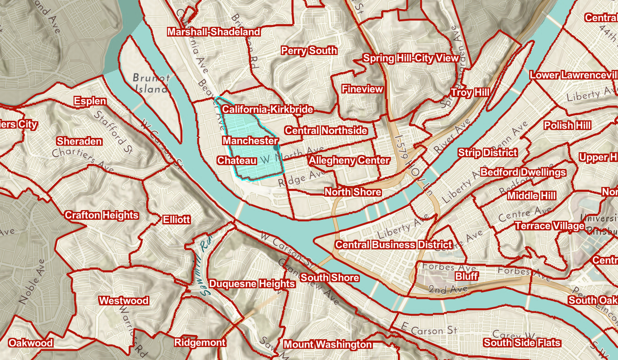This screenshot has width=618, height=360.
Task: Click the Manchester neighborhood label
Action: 250,141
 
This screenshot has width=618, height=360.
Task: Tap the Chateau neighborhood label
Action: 237,161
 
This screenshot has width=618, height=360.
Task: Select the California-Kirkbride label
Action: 267,110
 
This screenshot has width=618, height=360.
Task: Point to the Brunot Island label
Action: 151,83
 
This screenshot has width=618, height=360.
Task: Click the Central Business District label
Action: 394,245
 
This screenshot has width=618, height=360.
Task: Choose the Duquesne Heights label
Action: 252,284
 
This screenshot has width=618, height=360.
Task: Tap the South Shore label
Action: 329,278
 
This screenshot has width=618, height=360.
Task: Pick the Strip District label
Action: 488,153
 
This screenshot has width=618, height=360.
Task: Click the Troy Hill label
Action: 470,93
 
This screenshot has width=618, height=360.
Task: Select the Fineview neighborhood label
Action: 362,89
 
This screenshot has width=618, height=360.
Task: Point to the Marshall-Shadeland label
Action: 214,32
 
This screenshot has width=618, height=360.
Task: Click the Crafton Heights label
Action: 102,215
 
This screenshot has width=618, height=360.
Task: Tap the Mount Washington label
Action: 328,345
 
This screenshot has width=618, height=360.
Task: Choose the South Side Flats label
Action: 522,343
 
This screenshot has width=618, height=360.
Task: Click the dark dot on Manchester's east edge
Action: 276,148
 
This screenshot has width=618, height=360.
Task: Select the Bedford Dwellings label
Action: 523,173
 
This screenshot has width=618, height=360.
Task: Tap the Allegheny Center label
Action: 349,161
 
